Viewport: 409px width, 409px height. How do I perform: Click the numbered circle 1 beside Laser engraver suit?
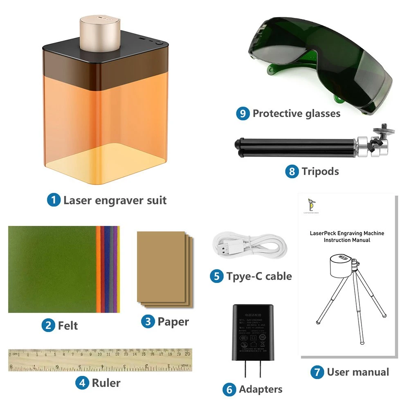point(54,200)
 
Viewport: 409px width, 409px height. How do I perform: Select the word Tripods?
point(320,171)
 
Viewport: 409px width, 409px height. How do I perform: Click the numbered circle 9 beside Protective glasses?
point(243,113)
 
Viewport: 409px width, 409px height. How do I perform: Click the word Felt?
point(68,326)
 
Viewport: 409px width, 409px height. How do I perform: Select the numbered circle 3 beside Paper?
point(148,321)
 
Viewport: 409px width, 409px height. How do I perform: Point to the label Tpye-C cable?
point(259,276)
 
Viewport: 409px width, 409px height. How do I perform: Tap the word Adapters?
point(261,389)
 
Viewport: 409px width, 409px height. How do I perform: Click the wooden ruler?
point(100,360)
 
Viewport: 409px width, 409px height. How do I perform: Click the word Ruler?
point(106,383)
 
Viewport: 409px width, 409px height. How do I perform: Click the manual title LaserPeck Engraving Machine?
point(347,233)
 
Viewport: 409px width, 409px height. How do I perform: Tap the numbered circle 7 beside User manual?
point(317,372)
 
